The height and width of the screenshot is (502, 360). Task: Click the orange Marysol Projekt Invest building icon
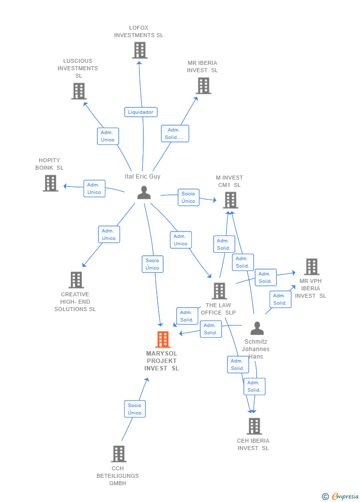163,339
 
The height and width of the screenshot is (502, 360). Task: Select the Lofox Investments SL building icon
140,50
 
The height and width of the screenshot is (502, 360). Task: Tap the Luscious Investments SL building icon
79,91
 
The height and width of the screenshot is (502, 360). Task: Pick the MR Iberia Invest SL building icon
203,86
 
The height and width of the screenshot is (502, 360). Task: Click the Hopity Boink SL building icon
50,183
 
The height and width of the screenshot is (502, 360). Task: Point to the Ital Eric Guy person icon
144,192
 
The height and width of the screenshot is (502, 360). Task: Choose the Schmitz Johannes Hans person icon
257,328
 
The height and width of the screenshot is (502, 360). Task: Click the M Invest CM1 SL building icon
230,200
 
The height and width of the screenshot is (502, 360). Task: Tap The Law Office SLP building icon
219,291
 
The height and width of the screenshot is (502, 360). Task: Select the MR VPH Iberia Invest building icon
312,267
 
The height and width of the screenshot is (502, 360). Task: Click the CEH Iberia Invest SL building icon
254,426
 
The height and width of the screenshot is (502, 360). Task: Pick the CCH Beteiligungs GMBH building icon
119,454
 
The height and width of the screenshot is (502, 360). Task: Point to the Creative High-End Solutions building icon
76,280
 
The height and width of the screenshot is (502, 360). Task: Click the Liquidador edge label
141,112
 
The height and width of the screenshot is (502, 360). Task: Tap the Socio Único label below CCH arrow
135,409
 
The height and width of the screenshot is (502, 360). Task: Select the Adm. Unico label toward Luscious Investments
108,136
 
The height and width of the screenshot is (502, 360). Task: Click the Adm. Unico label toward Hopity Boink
94,188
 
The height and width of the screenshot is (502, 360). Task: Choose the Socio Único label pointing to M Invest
188,197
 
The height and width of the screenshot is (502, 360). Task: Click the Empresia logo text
345,496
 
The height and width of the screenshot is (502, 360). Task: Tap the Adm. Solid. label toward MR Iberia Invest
175,134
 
